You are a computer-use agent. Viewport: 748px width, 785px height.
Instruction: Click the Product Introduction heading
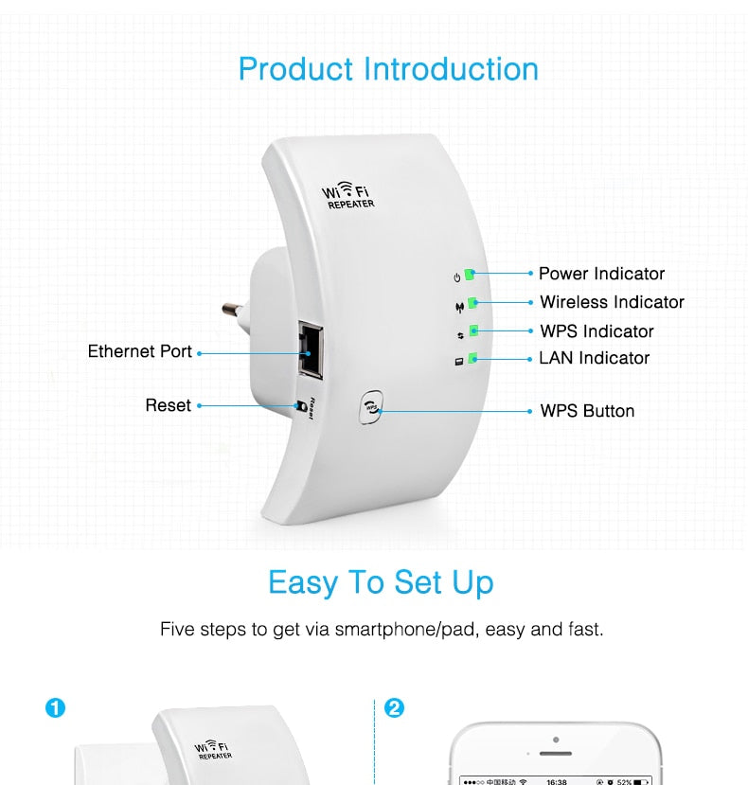[x=388, y=69]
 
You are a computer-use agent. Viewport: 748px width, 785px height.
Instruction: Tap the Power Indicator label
[x=601, y=274]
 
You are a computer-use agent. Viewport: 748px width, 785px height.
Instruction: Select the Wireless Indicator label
[x=612, y=302]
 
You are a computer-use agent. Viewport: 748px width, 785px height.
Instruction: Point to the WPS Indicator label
[x=597, y=331]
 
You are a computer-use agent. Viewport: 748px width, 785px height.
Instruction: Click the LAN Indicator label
[x=595, y=358]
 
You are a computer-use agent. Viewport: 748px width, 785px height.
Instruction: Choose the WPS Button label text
[x=587, y=411]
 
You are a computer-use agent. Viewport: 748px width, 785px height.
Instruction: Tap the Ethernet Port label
[x=140, y=351]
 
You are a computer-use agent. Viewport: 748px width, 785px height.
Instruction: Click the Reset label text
[x=169, y=405]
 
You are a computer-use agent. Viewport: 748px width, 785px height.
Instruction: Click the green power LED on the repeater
[x=470, y=275]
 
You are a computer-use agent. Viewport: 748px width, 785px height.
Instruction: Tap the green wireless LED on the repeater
[x=472, y=303]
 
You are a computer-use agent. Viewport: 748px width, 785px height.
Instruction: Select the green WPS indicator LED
[x=473, y=331]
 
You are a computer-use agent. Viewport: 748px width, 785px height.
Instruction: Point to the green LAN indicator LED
[x=472, y=359]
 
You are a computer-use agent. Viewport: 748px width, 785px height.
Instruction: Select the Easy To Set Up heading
[x=381, y=581]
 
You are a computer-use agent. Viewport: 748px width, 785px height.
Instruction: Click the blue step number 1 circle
[x=56, y=707]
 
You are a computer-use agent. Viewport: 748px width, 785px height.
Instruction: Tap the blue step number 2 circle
[x=394, y=707]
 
